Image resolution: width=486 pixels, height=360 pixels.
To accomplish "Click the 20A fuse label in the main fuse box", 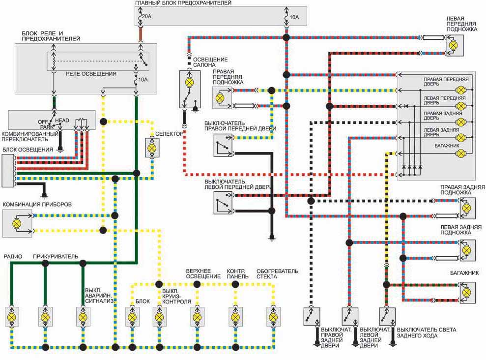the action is coord(146,16).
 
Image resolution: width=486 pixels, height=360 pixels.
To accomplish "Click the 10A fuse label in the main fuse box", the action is coord(294,17).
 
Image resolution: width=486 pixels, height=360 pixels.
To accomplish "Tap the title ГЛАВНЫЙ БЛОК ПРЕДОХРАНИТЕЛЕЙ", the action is coord(183,3).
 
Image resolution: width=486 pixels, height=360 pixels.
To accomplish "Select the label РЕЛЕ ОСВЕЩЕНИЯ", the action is coord(91,74).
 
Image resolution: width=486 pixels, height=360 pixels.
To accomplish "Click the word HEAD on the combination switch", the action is coord(62,120).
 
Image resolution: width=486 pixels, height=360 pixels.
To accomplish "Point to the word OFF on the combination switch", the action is coord(43,122).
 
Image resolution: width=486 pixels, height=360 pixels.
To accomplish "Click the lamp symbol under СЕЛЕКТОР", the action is coord(152,148).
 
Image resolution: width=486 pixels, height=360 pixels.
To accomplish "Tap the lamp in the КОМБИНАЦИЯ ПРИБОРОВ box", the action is coord(17,223).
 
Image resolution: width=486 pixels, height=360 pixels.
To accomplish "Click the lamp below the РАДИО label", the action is coord(12,317).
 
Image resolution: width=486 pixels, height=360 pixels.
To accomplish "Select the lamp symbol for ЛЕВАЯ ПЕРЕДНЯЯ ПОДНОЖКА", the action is coord(453,46).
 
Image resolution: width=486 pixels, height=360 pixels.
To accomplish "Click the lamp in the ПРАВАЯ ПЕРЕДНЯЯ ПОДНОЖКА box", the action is coord(220,98).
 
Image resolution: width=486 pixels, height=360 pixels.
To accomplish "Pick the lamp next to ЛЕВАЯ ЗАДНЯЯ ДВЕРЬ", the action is coord(461,138).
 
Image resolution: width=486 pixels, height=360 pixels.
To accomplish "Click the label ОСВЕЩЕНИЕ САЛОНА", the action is coord(210,62).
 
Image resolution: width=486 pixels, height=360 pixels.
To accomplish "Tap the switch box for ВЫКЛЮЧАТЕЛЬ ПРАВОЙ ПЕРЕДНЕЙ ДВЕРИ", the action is coord(223,145).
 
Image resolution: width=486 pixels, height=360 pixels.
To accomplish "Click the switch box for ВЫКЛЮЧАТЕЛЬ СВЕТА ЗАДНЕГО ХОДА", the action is coord(387,316).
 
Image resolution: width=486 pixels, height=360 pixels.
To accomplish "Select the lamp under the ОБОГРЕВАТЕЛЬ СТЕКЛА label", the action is coord(273,317).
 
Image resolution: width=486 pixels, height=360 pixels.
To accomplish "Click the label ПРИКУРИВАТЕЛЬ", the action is coord(56,256).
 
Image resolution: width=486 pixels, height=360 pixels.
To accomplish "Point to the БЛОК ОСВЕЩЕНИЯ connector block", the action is coord(8,171).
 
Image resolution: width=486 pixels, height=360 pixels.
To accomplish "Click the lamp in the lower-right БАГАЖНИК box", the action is coord(466,293).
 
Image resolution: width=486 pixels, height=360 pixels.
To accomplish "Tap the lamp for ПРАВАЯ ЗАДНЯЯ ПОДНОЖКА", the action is coord(466,208).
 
